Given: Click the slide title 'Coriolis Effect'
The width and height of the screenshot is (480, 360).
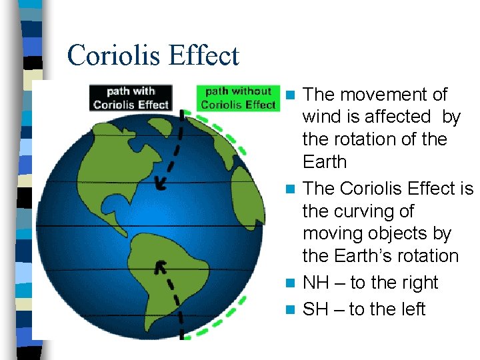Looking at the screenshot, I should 153,55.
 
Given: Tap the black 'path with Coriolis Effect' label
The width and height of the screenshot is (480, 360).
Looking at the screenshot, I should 131,97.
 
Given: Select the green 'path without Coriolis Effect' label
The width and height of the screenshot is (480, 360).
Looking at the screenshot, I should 238,97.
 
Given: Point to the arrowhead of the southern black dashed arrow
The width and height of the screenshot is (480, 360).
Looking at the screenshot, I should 160,267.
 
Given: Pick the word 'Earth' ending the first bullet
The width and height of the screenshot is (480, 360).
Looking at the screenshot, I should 325,162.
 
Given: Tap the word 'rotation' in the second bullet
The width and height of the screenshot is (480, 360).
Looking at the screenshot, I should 426,256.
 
